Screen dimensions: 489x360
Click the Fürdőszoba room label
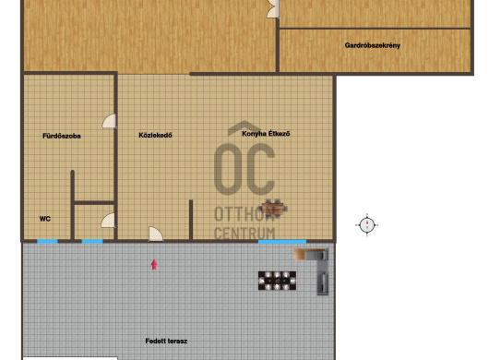(x=62, y=136)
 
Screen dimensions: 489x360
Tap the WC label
(x=45, y=219)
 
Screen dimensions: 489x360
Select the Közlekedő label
(x=155, y=136)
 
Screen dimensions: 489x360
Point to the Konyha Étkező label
(x=266, y=134)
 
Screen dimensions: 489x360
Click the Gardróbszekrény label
(x=373, y=45)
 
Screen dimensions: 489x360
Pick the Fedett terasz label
(x=166, y=341)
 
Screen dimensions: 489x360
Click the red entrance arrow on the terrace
(x=154, y=265)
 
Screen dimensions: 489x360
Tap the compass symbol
(x=367, y=225)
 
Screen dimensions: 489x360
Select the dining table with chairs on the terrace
(x=277, y=281)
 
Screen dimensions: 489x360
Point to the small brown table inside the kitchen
(x=274, y=208)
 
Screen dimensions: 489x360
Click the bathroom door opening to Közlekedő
(x=110, y=121)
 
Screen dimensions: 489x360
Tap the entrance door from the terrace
(x=156, y=234)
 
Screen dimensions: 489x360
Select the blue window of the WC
(x=47, y=241)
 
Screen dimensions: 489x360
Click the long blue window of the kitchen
(x=282, y=242)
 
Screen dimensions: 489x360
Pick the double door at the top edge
(x=273, y=8)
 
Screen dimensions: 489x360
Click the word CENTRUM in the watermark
(x=244, y=234)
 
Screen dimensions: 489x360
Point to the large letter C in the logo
(x=259, y=169)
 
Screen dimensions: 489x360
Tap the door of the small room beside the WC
(x=109, y=221)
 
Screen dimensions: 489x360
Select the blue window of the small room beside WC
(x=92, y=241)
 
